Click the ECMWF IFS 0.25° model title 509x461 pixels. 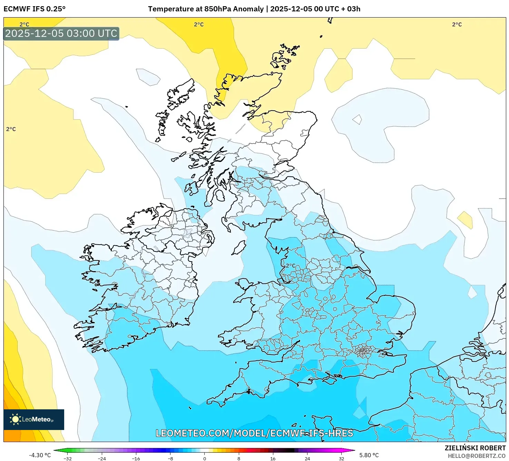point(35,9)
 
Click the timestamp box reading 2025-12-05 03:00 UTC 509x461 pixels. point(61,34)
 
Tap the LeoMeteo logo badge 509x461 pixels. point(34,419)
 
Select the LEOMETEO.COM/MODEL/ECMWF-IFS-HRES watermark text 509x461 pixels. point(254,433)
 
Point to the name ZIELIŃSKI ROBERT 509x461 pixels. point(475,448)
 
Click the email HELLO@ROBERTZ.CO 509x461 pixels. point(477,456)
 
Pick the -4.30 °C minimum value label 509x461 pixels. point(40,455)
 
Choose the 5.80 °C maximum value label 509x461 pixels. point(369,455)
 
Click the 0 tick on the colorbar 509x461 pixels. point(205,459)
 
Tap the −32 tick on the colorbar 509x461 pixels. point(68,459)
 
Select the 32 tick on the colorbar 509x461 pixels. point(341,459)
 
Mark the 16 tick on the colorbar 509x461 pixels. point(273,459)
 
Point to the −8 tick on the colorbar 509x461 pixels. point(170,459)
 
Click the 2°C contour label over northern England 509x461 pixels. point(291,266)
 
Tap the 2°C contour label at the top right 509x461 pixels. point(457,24)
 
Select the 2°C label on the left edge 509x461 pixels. point(11,129)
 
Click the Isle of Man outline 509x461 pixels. point(239,247)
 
